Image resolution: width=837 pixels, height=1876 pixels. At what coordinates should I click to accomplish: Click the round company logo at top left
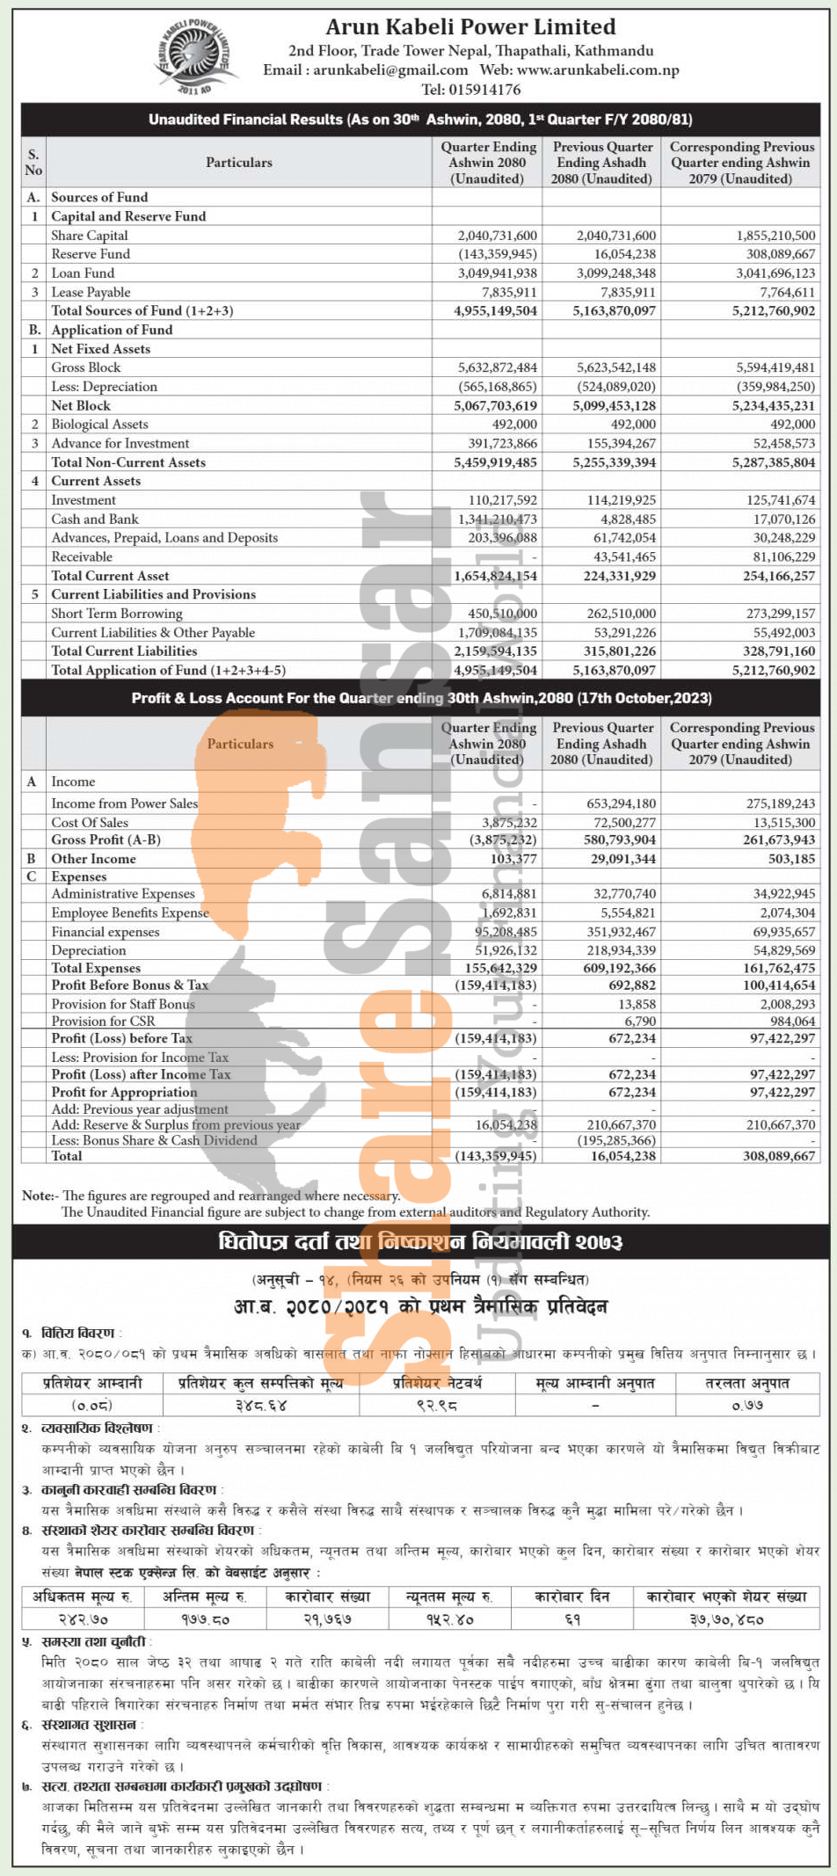pos(194,56)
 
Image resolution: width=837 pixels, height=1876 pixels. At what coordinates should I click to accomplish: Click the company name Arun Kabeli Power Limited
pos(470,27)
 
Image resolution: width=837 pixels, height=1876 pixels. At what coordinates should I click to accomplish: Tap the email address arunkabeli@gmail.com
pos(390,70)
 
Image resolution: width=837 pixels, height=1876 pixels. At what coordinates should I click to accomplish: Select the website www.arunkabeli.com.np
pos(598,70)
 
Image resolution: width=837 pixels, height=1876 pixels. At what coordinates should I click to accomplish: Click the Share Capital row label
pos(89,236)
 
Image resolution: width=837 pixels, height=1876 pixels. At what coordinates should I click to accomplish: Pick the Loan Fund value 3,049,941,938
pos(497,273)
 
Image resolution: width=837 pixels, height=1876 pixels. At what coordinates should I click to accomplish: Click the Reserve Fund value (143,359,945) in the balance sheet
pos(497,254)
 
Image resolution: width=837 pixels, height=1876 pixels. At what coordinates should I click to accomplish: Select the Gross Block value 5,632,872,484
pos(497,367)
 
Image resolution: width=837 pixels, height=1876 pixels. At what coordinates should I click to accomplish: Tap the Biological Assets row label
pos(99,425)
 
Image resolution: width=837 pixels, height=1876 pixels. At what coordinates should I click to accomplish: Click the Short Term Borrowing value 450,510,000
pos(501,614)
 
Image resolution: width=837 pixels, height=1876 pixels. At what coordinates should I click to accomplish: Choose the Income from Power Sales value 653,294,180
pos(621,803)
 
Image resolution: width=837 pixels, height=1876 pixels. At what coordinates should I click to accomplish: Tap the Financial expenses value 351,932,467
pos(621,932)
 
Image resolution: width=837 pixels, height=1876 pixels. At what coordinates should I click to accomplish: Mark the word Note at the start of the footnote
pos(38,1196)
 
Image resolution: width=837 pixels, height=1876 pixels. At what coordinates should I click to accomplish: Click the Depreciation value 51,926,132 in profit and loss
pos(506,950)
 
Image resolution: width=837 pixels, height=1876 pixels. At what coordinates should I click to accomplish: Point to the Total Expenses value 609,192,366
pos(619,968)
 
